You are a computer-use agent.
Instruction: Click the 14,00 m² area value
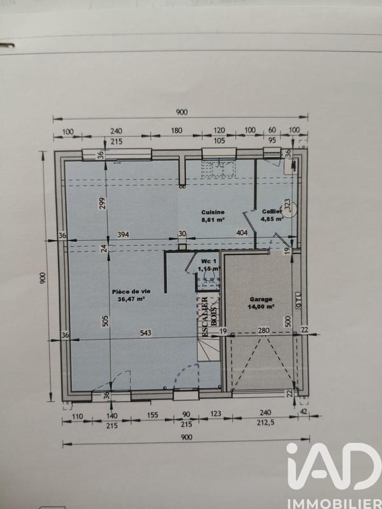tap(261, 306)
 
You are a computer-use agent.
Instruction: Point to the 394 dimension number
tap(124, 234)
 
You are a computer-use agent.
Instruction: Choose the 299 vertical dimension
tap(102, 204)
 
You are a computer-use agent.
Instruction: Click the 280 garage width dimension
tap(264, 330)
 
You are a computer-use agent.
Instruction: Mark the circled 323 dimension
tap(287, 206)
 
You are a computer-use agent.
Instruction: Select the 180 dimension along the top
tap(177, 131)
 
